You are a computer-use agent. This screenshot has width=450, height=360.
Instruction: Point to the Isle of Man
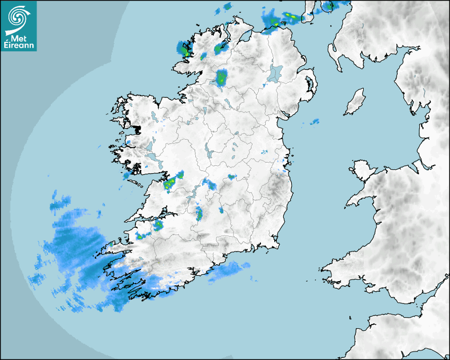click(355, 102)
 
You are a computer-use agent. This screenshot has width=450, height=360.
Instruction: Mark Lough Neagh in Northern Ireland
click(275, 73)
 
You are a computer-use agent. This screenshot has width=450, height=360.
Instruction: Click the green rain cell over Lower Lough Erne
click(221, 78)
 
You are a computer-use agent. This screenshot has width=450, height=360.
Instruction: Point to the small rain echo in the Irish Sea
click(314, 122)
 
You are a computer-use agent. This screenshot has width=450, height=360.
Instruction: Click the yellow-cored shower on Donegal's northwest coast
click(185, 50)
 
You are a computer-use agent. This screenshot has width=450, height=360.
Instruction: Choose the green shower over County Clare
click(171, 183)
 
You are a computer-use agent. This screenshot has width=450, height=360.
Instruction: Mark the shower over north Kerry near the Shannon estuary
click(158, 226)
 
